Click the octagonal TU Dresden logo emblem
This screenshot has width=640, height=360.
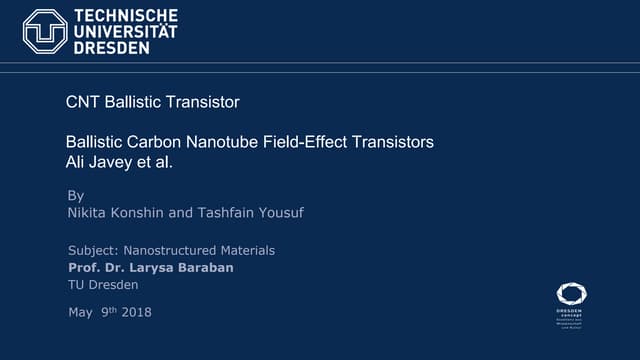[45, 31]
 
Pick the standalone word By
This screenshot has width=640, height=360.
[75, 195]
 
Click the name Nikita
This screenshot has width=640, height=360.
[88, 213]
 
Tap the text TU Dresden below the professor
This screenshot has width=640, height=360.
[103, 285]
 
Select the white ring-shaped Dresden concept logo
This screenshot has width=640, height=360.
[571, 295]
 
